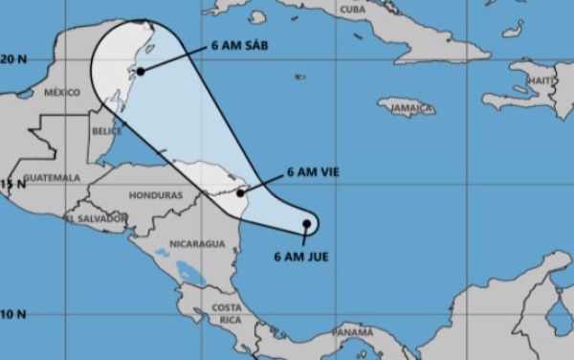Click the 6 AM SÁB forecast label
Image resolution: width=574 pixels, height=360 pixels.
click(240, 46)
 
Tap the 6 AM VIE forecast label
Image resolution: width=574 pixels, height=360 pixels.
click(313, 173)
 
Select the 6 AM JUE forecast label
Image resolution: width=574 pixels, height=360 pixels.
click(301, 257)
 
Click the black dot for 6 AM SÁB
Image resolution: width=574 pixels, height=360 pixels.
click(141, 70)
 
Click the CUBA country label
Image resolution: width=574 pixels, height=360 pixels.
click(351, 9)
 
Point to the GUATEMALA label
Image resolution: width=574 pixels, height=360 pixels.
click(53, 178)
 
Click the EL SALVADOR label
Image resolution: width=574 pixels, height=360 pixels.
click(96, 219)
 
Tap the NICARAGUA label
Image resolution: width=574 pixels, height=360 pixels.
click(197, 244)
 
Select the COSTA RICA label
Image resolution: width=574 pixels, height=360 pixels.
click(227, 312)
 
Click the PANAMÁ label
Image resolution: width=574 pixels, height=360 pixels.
click(351, 331)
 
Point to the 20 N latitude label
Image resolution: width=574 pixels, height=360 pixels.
click(13, 58)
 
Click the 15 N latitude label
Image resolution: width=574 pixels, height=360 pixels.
click(13, 183)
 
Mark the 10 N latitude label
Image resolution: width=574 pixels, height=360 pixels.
click(13, 314)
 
